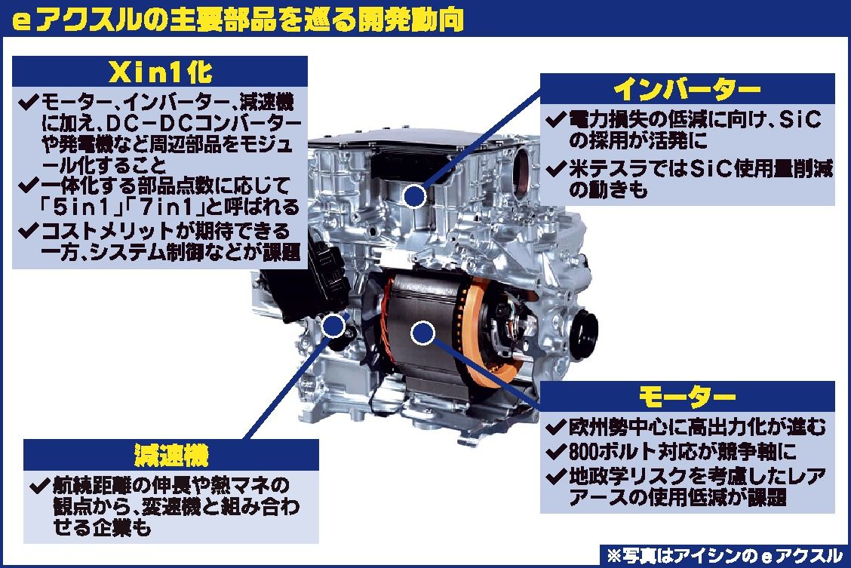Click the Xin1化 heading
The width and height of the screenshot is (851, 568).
pyautogui.click(x=160, y=72)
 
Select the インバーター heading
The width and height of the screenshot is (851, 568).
pyautogui.click(x=687, y=90)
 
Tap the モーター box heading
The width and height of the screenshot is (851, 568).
pyautogui.click(x=687, y=397)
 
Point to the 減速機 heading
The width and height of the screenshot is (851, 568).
pyautogui.click(x=171, y=455)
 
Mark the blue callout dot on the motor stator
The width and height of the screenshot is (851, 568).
pyautogui.click(x=422, y=333)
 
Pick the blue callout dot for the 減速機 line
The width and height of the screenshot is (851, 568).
pyautogui.click(x=333, y=326)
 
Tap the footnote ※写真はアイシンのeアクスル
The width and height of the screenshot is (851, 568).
pyautogui.click(x=724, y=555)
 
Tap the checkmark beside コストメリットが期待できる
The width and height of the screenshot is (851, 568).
pyautogui.click(x=28, y=231)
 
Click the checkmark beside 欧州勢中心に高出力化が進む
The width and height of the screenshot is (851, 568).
pyautogui.click(x=556, y=428)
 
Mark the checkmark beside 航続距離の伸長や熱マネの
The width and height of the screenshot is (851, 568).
pyautogui.click(x=40, y=485)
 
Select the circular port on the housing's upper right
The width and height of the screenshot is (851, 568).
pyautogui.click(x=525, y=170)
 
